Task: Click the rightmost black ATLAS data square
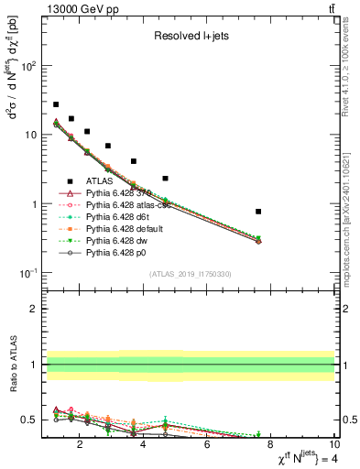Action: coord(259,212)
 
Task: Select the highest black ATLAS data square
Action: coord(56,104)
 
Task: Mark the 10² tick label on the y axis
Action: coord(28,66)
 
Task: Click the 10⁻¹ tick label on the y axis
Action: coord(28,273)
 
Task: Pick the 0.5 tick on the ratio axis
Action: coord(30,420)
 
